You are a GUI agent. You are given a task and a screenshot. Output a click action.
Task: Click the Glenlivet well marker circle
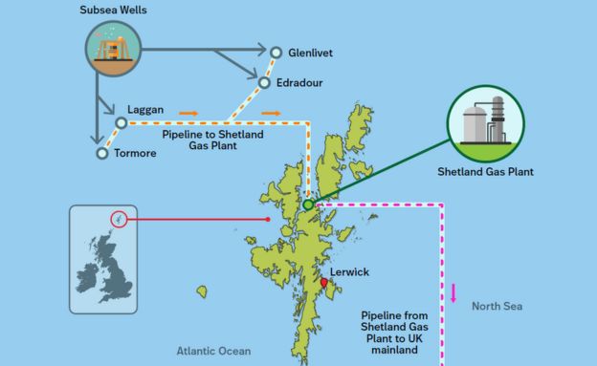(276, 54)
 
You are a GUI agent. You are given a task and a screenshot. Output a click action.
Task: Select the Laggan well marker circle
(121, 122)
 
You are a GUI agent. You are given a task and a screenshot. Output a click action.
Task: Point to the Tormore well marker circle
(102, 153)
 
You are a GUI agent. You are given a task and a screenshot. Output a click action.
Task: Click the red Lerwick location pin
(324, 284)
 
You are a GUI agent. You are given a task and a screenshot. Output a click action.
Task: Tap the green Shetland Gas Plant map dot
(308, 205)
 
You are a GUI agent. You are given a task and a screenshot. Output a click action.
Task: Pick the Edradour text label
(298, 83)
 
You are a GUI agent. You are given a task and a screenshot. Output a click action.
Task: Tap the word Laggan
(145, 110)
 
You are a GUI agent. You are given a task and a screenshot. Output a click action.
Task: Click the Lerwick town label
(349, 272)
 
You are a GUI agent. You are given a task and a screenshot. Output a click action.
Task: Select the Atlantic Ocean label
(213, 351)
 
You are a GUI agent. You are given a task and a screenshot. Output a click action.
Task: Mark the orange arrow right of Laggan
(188, 113)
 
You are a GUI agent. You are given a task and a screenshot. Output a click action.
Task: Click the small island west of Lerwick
(202, 291)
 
